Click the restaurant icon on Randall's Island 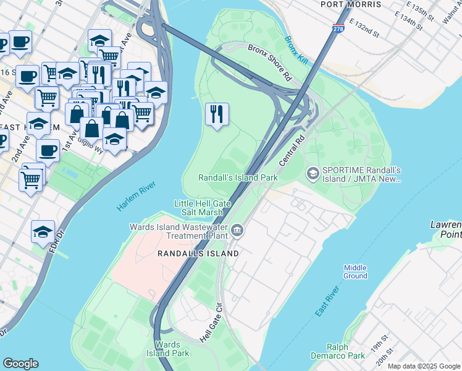(217, 115)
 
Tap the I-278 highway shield (338, 28)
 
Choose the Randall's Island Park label (238, 177)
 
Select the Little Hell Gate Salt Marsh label (198, 208)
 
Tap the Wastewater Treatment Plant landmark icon (238, 232)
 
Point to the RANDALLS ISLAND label (198, 254)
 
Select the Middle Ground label (355, 271)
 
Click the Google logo (20, 364)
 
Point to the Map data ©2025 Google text (423, 366)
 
